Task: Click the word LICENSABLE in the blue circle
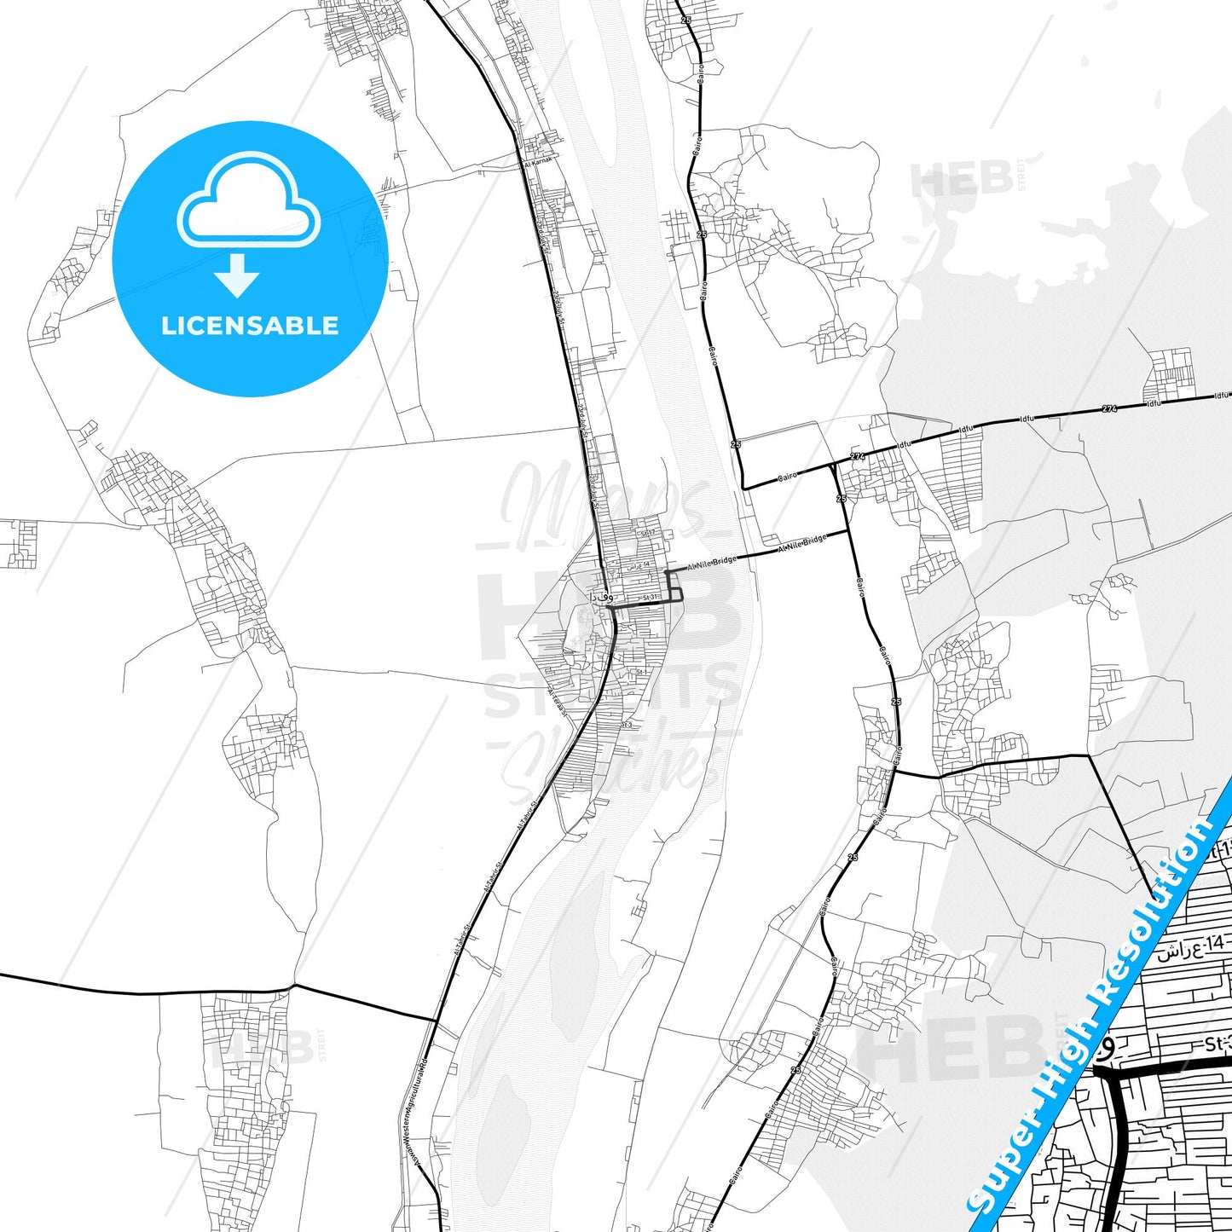click(250, 326)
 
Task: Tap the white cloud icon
click(248, 205)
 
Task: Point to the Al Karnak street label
click(538, 161)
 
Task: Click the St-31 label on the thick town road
click(651, 598)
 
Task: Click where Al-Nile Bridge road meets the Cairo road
click(848, 531)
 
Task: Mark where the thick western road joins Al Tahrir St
click(436, 1019)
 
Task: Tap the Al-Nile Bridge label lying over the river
click(712, 561)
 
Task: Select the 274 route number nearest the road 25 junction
click(857, 457)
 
